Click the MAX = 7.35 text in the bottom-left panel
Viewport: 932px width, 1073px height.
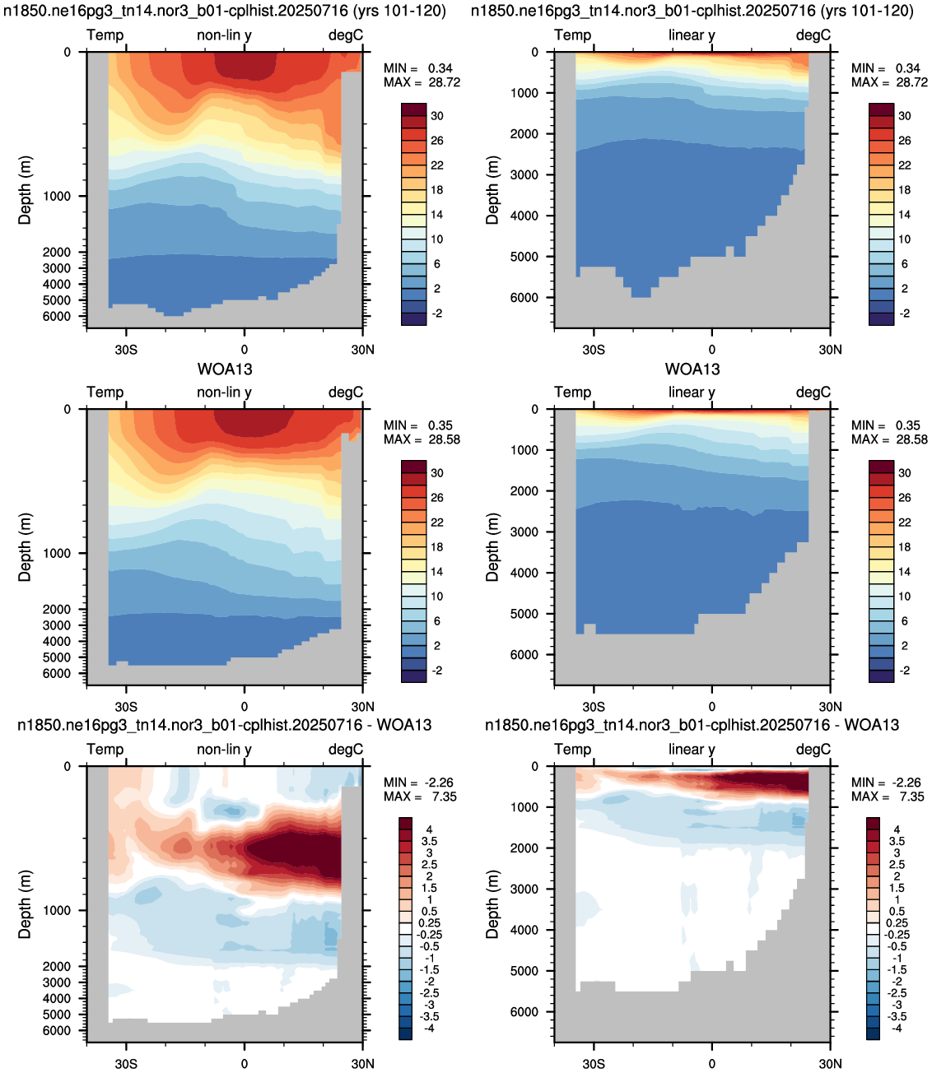pyautogui.click(x=420, y=797)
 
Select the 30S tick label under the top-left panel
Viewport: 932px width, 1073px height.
pyautogui.click(x=126, y=349)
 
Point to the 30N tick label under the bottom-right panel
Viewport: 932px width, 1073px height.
pyautogui.click(x=830, y=1064)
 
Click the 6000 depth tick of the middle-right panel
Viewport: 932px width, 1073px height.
pyautogui.click(x=524, y=654)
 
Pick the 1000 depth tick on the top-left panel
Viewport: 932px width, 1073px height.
pyautogui.click(x=57, y=196)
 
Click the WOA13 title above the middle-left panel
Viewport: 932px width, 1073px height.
pyautogui.click(x=225, y=369)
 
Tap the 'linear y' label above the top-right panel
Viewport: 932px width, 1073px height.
pyautogui.click(x=692, y=35)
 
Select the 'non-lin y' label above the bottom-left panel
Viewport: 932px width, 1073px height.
pyautogui.click(x=224, y=750)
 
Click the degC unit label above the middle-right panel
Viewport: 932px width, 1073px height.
pyautogui.click(x=813, y=393)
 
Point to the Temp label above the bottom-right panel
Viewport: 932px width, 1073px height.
pyautogui.click(x=572, y=749)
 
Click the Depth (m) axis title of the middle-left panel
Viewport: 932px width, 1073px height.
pyautogui.click(x=25, y=547)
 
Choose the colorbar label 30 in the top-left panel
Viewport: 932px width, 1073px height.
pyautogui.click(x=436, y=116)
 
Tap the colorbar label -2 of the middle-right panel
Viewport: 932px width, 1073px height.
pyautogui.click(x=904, y=671)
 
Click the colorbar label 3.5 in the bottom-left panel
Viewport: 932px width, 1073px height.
pyautogui.click(x=429, y=841)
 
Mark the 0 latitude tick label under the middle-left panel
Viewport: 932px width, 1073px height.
pyautogui.click(x=244, y=706)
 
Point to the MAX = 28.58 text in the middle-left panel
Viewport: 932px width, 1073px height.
pyautogui.click(x=422, y=439)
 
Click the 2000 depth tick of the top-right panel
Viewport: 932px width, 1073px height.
pyautogui.click(x=524, y=134)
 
